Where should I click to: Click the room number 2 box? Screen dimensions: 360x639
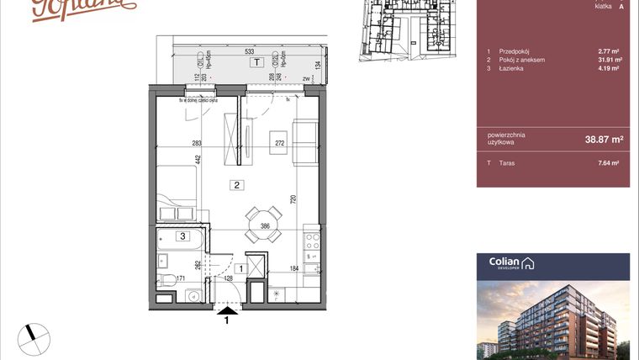(238, 185)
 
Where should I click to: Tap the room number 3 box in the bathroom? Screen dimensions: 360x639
(181, 236)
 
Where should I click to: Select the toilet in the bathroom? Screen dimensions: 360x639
(167, 279)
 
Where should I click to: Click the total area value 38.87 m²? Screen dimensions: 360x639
(605, 139)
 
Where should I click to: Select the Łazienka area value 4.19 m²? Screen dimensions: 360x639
(609, 68)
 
